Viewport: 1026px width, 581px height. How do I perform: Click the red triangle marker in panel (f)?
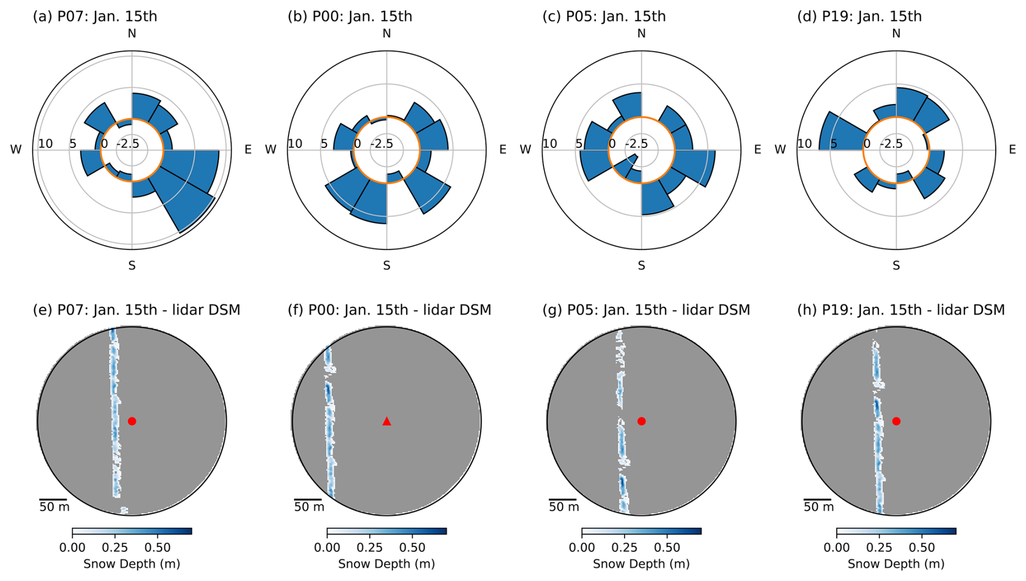coord(387,421)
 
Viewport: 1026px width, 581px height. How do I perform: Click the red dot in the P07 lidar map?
coord(132,421)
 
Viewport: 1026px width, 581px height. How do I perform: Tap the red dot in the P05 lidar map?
coord(642,421)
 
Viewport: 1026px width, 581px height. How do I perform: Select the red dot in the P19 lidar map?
coord(896,421)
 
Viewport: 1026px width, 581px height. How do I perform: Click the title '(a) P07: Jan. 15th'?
coord(95,16)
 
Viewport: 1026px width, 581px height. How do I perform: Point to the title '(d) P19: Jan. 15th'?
coord(860,16)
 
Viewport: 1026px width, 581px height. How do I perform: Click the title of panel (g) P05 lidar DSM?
coord(646,310)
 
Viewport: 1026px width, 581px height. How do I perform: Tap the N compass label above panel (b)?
coord(387,34)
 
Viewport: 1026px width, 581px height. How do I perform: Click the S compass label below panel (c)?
coord(642,266)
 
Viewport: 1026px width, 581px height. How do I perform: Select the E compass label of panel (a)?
coord(248,150)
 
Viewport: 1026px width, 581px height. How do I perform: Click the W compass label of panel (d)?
coord(780,150)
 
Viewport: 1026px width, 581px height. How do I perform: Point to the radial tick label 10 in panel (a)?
coord(46,144)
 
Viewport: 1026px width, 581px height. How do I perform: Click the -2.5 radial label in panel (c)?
coord(637,144)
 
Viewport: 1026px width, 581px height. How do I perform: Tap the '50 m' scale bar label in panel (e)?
coord(54,507)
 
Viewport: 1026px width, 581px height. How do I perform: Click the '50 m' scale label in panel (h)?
coord(819,507)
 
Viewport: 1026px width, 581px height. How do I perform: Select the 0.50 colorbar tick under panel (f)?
coord(412,547)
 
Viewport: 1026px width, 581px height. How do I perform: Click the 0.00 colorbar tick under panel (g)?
coord(582,547)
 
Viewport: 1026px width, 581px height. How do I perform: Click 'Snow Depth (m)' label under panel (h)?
coord(896,564)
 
